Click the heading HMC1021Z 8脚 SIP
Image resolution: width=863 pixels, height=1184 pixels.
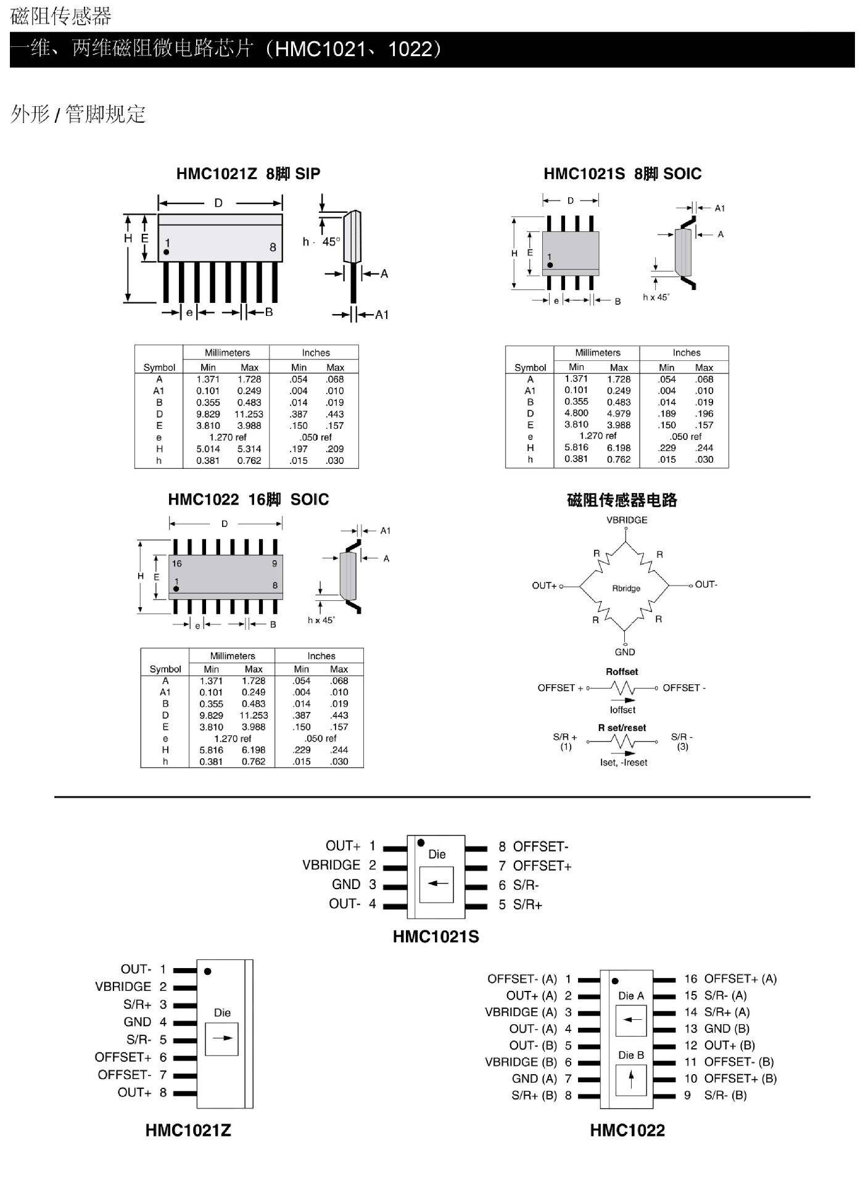(248, 174)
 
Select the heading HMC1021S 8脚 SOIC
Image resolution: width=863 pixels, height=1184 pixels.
(622, 174)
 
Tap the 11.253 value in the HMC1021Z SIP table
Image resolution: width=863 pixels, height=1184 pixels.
(249, 414)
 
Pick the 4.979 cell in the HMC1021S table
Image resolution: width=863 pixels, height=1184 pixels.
(618, 413)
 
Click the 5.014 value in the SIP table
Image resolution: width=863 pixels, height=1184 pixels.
(208, 449)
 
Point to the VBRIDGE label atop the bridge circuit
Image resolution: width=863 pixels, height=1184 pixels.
(627, 520)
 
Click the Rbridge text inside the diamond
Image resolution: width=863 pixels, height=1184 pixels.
(626, 589)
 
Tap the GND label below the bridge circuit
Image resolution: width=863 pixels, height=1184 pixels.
(625, 652)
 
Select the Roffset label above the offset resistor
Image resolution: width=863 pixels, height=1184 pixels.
(622, 672)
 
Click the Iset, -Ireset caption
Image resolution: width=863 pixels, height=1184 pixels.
(624, 763)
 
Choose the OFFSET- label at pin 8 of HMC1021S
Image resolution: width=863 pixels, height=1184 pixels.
(540, 847)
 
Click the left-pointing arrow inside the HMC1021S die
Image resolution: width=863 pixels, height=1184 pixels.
(437, 884)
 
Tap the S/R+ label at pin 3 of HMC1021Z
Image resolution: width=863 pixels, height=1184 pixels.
(138, 1004)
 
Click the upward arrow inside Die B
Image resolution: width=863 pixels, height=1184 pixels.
(631, 1078)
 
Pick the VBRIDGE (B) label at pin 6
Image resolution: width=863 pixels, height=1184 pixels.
(521, 1062)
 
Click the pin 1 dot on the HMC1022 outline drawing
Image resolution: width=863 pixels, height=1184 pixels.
(176, 589)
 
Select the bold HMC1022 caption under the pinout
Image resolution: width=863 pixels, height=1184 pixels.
(627, 1130)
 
